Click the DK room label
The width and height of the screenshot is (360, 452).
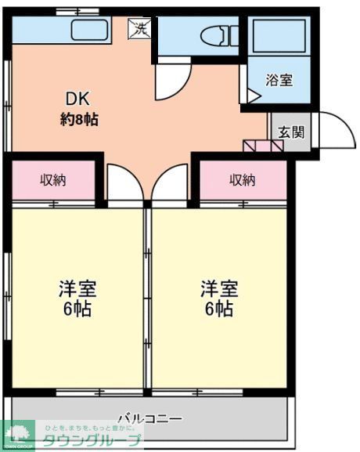click(77, 99)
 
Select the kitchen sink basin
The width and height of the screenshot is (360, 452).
click(92, 31)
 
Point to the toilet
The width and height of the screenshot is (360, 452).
click(218, 36)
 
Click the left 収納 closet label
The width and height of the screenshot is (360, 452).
click(53, 180)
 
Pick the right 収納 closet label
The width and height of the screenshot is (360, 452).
click(242, 180)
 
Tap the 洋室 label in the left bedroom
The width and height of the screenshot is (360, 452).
click(77, 287)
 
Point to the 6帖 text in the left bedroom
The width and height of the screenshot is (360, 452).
click(77, 309)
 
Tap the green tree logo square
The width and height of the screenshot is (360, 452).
click(18, 436)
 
